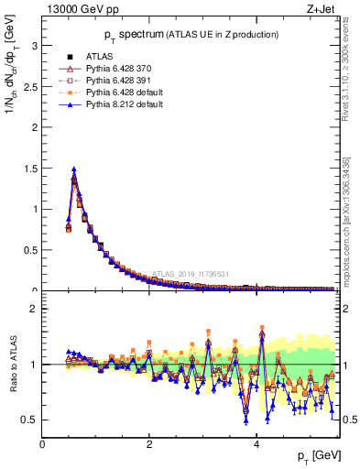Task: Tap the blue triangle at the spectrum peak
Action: pos(73,169)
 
